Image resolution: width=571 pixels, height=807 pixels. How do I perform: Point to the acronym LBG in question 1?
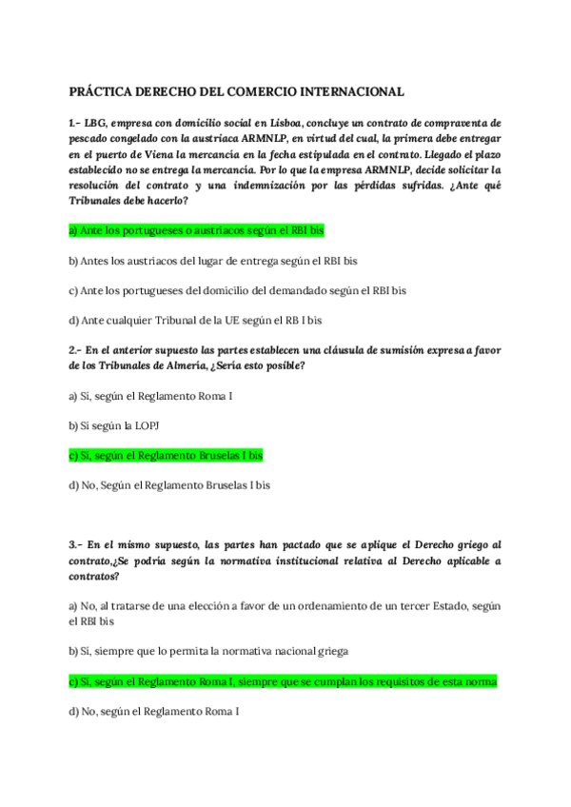tap(98, 124)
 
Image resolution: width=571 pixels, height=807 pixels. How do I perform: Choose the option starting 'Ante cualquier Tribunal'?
tap(195, 321)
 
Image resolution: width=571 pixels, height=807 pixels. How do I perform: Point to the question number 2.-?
tap(77, 350)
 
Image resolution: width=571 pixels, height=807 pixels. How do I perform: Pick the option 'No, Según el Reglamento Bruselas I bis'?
tap(169, 485)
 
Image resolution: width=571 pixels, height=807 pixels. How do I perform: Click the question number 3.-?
tap(77, 545)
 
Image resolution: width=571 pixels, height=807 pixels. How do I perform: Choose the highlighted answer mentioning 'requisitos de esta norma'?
tap(284, 681)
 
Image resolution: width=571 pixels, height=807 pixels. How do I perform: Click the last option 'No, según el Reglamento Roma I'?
tap(153, 712)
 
